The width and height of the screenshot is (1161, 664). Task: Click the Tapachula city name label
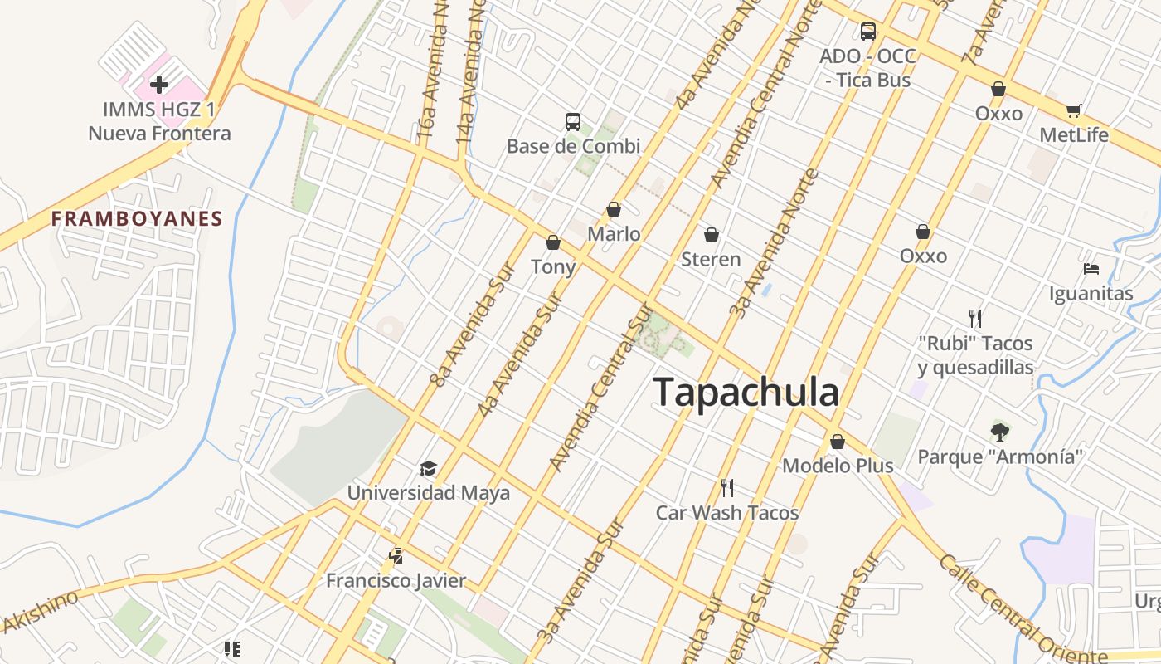[x=746, y=392]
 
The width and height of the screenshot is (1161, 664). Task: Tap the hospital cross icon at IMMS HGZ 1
[x=159, y=84]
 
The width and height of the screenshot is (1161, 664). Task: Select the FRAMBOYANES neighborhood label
[x=137, y=219]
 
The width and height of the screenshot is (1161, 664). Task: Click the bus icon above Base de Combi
[x=573, y=122]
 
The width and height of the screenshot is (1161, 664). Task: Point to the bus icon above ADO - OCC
[x=868, y=32]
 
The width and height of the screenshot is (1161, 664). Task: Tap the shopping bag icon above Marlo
[x=614, y=209]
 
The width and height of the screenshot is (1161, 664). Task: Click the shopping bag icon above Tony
[x=553, y=242]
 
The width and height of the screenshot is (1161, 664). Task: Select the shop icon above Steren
[x=711, y=235]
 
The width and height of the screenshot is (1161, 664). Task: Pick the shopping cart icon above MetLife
[x=1074, y=110]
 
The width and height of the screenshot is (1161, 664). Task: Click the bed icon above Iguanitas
[x=1091, y=269]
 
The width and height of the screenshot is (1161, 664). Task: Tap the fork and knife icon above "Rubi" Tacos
[x=975, y=318]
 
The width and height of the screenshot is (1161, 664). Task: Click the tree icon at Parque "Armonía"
[x=1000, y=431]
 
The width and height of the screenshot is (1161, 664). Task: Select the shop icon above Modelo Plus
[x=838, y=442]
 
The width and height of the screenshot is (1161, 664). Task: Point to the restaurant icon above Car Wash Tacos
[x=727, y=487]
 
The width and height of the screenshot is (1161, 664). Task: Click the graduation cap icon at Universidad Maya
[x=428, y=468]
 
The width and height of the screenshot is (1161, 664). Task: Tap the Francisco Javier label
[x=396, y=580]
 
